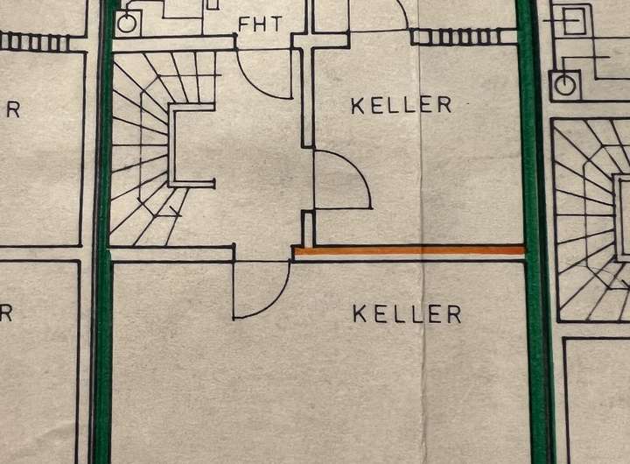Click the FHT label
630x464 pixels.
tap(260, 24)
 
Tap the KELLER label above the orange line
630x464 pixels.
tap(402, 105)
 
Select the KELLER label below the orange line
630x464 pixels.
tap(407, 313)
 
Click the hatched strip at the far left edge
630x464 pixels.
tap(35, 41)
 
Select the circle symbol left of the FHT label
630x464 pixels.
tap(127, 24)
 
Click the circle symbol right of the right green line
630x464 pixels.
tap(564, 85)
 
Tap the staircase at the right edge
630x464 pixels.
tap(595, 219)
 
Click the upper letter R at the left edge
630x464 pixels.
tap(12, 110)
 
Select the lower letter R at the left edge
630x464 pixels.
tap(6, 313)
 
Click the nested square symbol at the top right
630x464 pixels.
tap(577, 18)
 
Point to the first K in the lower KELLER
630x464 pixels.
tap(360, 313)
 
